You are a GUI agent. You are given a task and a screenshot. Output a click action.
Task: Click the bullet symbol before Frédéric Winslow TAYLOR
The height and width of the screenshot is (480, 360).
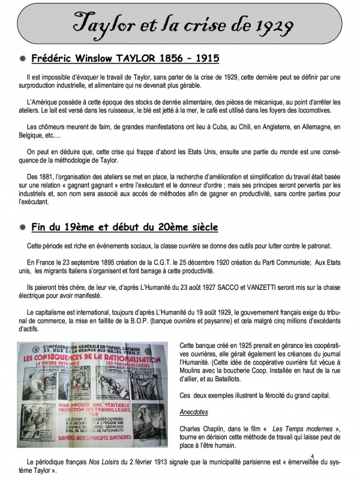point(22,59)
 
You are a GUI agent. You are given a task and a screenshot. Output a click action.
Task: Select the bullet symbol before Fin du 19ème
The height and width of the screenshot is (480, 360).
point(22,228)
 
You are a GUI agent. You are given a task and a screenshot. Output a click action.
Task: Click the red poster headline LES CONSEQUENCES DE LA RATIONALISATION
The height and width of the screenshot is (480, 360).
point(95,358)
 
